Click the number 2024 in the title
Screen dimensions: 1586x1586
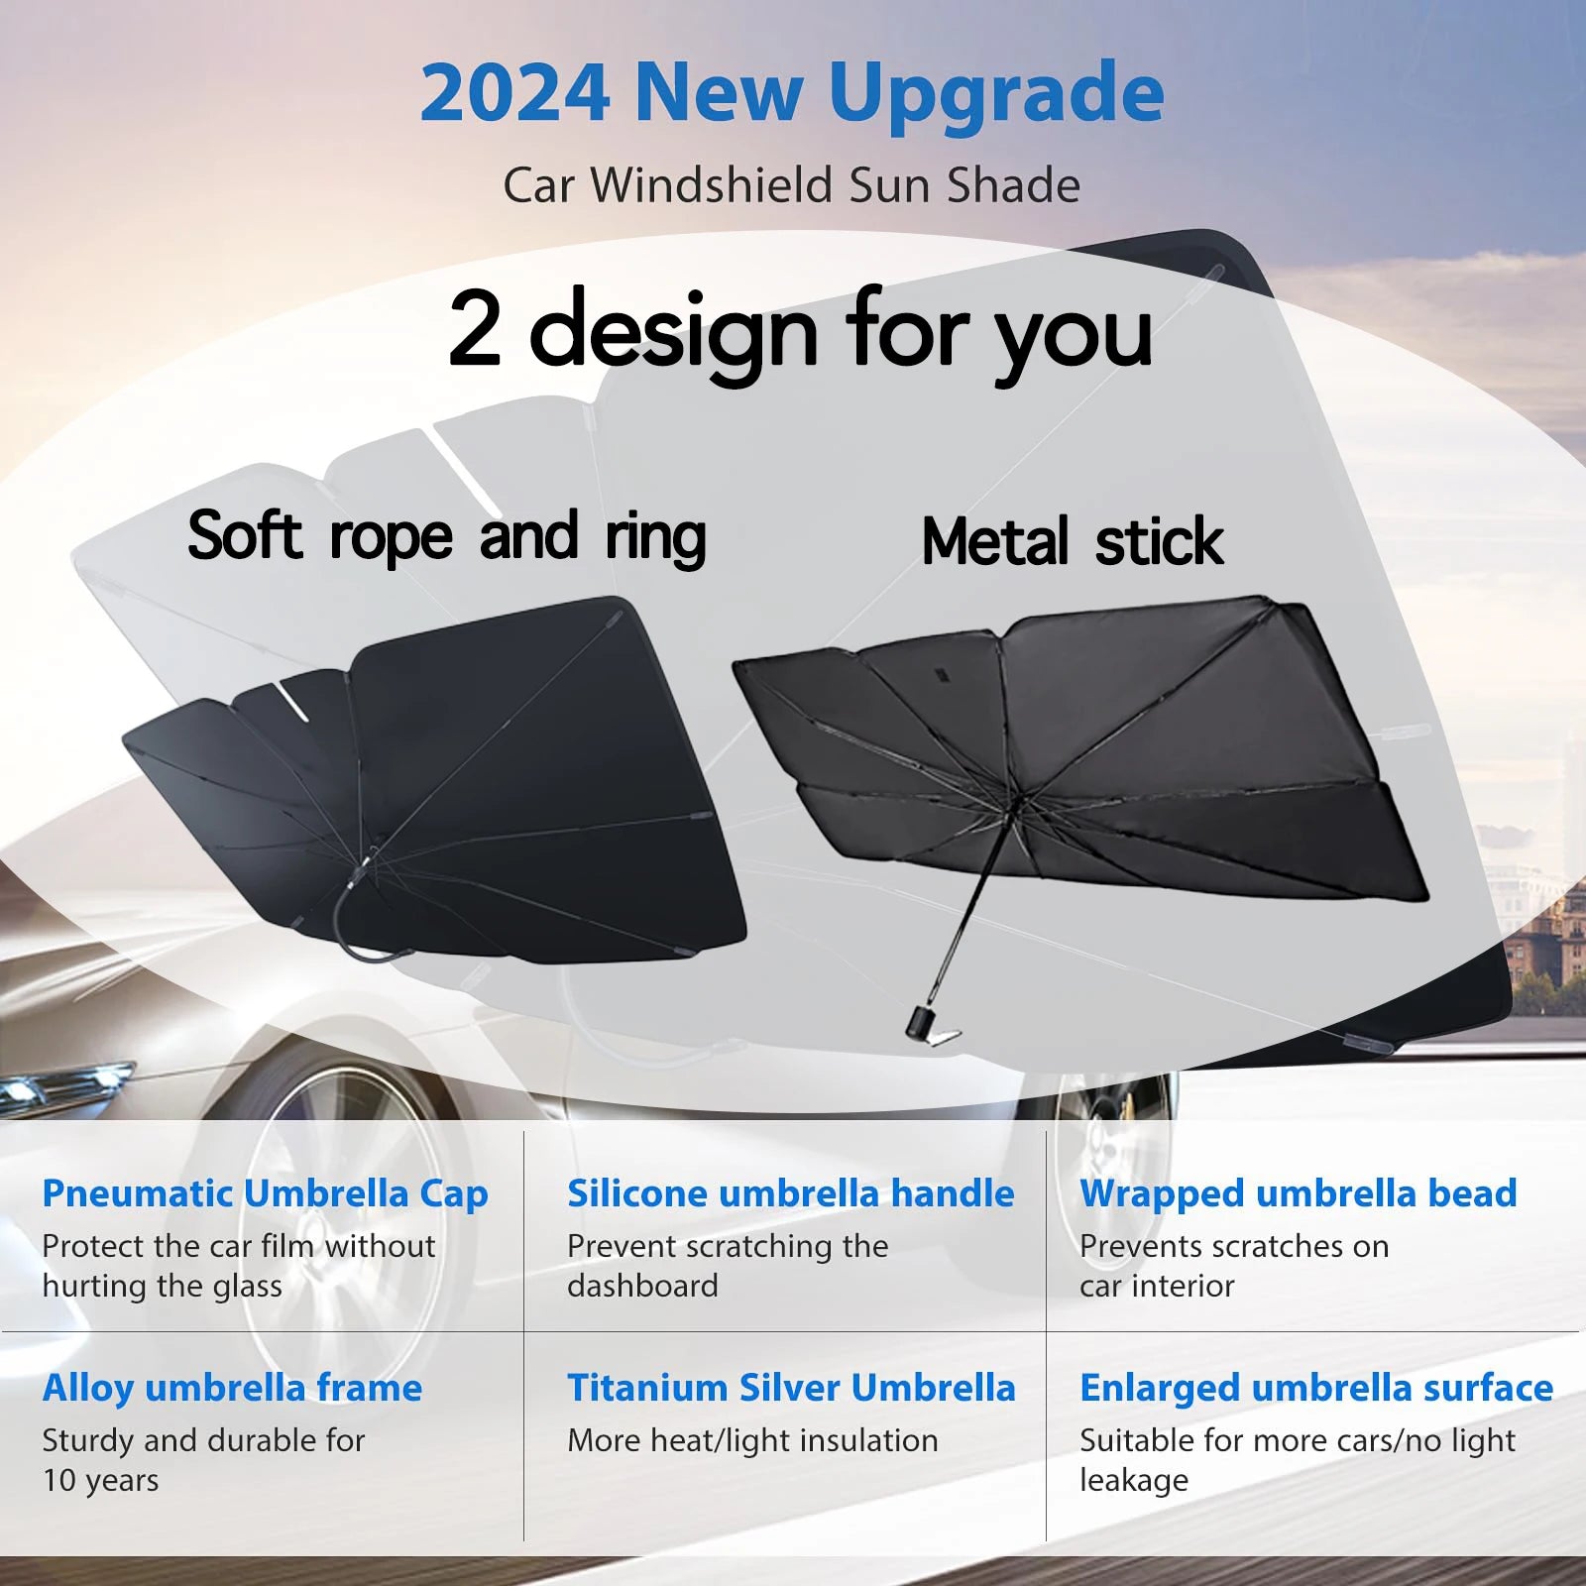[x=513, y=93]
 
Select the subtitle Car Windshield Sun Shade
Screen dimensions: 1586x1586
[x=791, y=185]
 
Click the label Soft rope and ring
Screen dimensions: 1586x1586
[x=446, y=537]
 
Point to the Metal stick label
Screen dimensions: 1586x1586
[x=1073, y=542]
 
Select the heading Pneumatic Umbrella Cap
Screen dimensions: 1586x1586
[x=265, y=1193]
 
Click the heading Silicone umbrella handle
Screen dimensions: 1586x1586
[x=790, y=1193]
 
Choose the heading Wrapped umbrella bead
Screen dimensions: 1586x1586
[x=1298, y=1193]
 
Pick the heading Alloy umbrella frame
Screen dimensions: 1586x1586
[x=232, y=1388]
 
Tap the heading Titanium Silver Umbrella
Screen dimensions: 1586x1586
[x=791, y=1388]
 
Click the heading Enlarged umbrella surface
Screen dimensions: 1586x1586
[x=1315, y=1388]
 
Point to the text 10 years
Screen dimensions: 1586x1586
[x=100, y=1480]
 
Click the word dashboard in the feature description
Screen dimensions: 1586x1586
[x=642, y=1286]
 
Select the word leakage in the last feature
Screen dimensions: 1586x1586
[x=1133, y=1480]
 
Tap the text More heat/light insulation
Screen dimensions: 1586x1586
[x=752, y=1440]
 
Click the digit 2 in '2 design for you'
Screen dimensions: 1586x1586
[x=475, y=330]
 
